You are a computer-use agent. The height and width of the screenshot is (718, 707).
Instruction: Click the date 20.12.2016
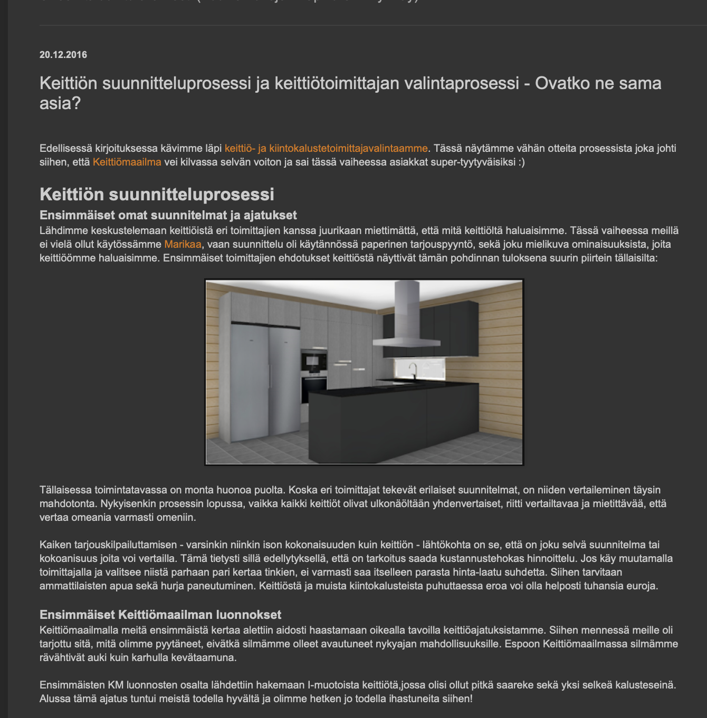click(63, 55)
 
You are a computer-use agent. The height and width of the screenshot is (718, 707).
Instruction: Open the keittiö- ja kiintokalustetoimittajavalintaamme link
click(326, 149)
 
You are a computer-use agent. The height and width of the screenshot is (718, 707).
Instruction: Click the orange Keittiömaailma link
click(127, 162)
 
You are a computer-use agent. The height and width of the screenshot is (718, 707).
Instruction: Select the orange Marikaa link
click(183, 245)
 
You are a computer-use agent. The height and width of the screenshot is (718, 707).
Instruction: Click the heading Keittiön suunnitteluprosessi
click(157, 195)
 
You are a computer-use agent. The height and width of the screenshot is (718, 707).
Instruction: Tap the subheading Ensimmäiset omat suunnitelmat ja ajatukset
click(168, 215)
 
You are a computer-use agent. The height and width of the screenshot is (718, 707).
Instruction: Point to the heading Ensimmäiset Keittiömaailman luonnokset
click(160, 615)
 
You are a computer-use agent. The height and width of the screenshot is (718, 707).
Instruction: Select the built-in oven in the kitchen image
click(314, 361)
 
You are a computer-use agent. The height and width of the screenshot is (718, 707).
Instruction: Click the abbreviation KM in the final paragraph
click(116, 685)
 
